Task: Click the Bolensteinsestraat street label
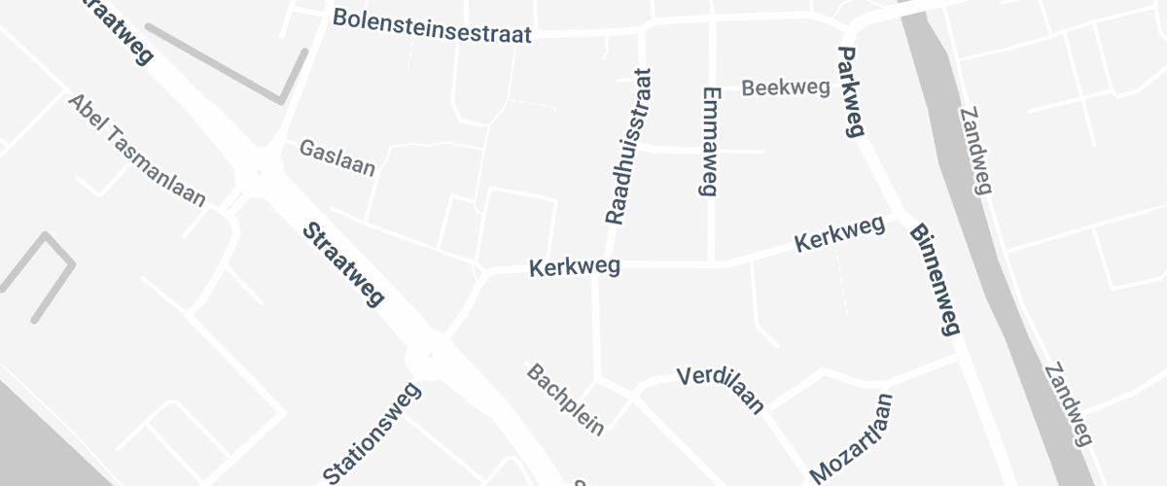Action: (x=432, y=26)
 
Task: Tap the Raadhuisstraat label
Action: (x=628, y=146)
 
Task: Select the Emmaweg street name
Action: (x=708, y=141)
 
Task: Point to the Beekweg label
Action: (x=786, y=88)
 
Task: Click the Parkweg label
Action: (x=850, y=92)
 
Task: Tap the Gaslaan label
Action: (x=336, y=157)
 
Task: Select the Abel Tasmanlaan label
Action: (x=136, y=151)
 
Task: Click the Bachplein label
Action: (x=566, y=399)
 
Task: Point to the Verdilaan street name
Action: (x=720, y=389)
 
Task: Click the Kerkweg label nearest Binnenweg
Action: (x=839, y=234)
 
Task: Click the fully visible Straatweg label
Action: (x=343, y=264)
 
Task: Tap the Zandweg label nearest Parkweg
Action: (x=975, y=151)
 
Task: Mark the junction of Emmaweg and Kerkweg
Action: (x=713, y=262)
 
